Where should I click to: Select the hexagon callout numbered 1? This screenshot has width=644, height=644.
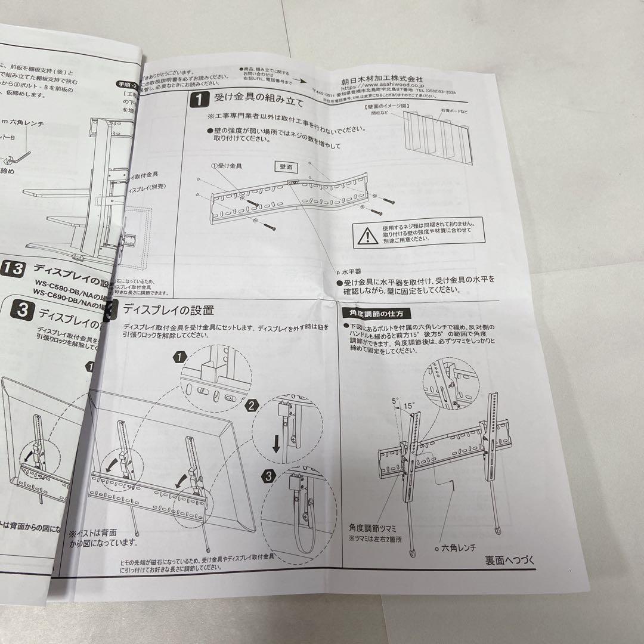[x=177, y=358]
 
